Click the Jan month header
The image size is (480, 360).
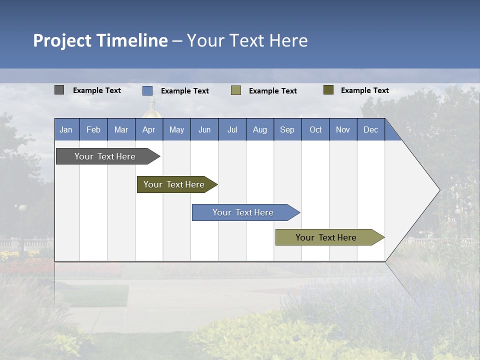point(66,129)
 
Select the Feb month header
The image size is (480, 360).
point(93,129)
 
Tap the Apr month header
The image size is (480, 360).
point(148,129)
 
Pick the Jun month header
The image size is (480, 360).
point(204,129)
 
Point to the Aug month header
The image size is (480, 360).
point(259,129)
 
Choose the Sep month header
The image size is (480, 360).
point(287,129)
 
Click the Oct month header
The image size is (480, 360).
point(315,129)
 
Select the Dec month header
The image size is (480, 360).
point(370,129)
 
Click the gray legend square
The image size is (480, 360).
point(59,90)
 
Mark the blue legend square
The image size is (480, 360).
point(147,90)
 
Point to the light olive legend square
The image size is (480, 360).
point(236,90)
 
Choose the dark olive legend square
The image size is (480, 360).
point(328,90)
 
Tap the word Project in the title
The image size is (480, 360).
point(62,40)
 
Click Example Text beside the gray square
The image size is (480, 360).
point(97,90)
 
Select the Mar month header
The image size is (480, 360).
point(121,129)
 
